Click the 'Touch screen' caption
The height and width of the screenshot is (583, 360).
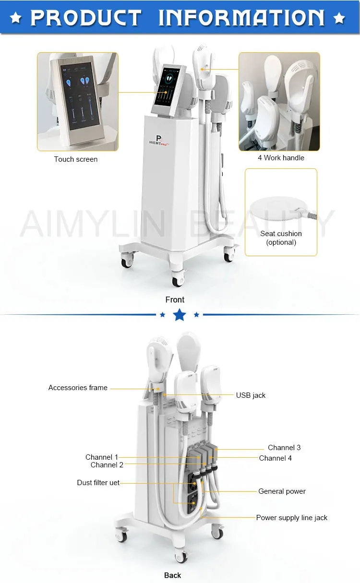[75, 159]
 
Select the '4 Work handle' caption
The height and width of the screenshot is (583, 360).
[281, 157]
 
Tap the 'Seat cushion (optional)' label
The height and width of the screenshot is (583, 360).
[281, 238]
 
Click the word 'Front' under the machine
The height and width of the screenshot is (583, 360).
[175, 299]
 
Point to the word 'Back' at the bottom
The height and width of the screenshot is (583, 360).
[173, 575]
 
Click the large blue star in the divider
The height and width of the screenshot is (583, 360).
[180, 315]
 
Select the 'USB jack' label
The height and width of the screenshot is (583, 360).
[250, 395]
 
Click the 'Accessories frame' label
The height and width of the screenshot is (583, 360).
[78, 388]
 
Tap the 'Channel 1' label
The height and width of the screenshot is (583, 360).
[101, 457]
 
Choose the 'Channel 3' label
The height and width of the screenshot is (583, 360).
[284, 448]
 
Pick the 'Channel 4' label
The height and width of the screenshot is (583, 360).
[275, 458]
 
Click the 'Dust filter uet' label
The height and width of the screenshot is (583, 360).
[98, 483]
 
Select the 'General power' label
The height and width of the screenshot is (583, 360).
[282, 491]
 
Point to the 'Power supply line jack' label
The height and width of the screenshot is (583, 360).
[291, 518]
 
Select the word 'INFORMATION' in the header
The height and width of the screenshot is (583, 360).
[241, 18]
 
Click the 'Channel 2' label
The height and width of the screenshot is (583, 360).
[107, 465]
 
